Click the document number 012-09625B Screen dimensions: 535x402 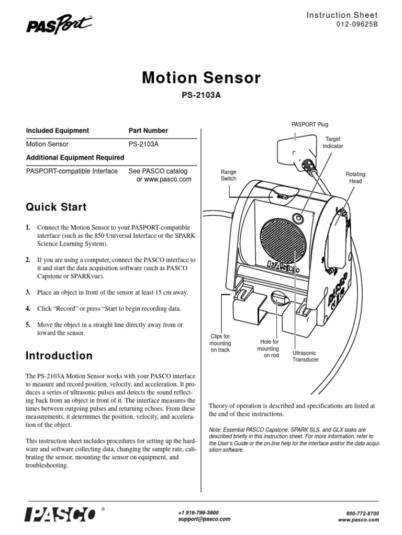[356, 25]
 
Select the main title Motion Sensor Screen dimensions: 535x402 [201, 78]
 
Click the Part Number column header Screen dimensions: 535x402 [148, 131]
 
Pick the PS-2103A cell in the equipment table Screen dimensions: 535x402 [143, 144]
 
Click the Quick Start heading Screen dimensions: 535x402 [56, 207]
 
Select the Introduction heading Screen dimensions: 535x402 [59, 356]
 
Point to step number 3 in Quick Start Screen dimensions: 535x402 [28, 292]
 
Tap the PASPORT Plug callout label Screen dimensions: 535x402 [309, 124]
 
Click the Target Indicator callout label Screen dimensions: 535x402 [333, 143]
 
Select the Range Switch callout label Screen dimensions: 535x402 [228, 175]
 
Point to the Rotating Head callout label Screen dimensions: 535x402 [355, 178]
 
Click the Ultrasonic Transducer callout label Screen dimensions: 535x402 [306, 356]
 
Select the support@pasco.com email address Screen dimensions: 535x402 [204, 519]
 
